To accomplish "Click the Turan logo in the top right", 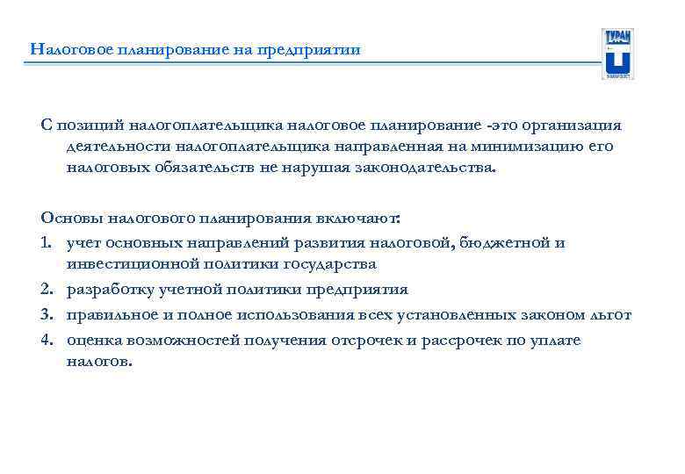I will point(618,54).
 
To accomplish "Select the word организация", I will point(572,126).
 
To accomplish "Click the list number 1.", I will point(46,243).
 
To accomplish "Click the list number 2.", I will point(47,289).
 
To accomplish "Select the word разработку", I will point(109,289).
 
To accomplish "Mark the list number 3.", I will point(47,314).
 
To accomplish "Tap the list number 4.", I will point(47,340).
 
